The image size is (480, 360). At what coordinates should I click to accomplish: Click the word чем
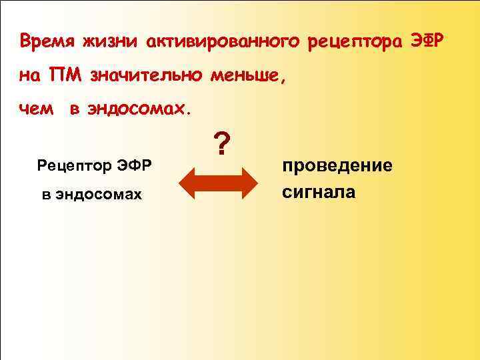point(36,109)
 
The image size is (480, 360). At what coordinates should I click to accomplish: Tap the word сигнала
point(319,193)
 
